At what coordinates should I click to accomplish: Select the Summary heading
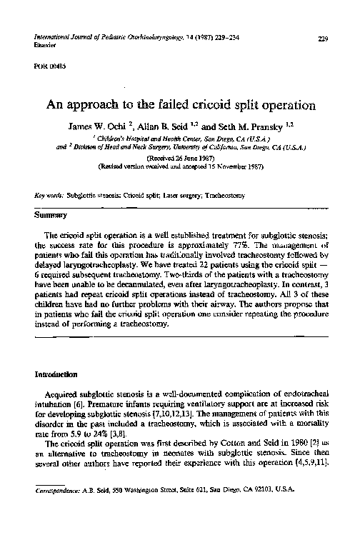pyautogui.click(x=49, y=214)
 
